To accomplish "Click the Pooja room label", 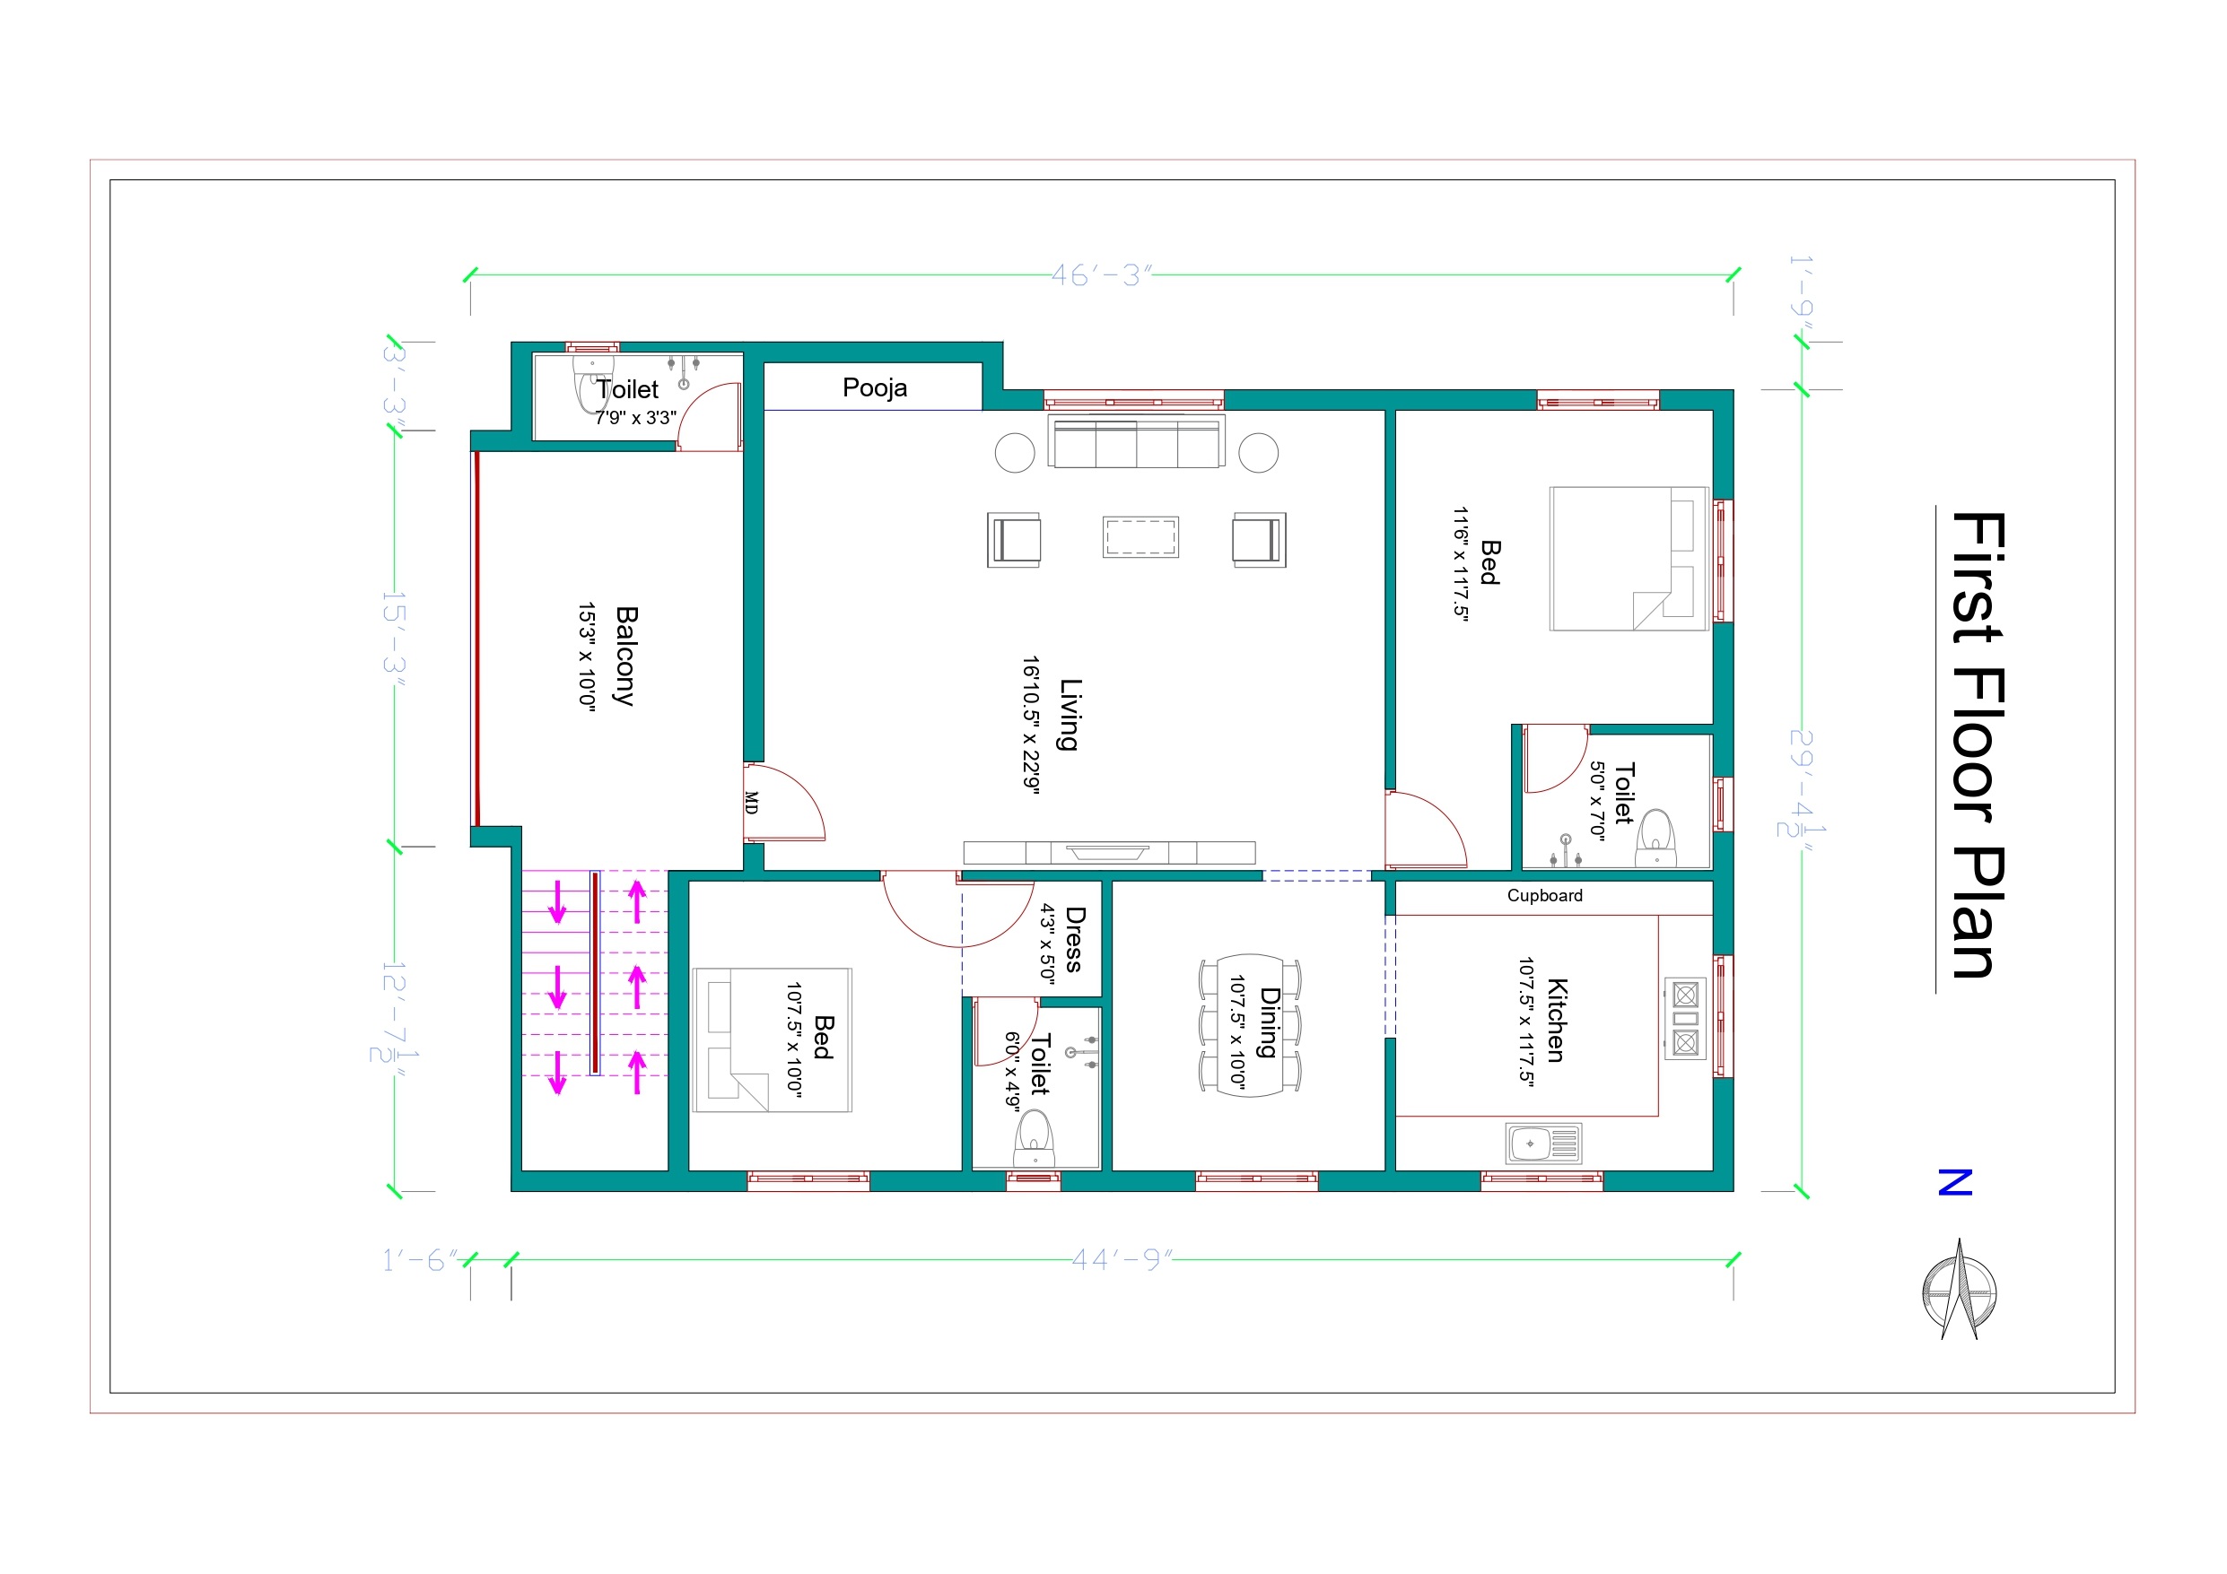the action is (x=874, y=388).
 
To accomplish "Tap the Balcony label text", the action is (x=626, y=656).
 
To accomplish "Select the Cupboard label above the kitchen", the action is (x=1544, y=895).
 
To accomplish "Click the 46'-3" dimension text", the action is (x=1101, y=275).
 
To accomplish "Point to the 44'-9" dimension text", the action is (x=1122, y=1260).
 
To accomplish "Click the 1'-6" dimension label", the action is (x=420, y=1260).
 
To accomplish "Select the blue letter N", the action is (x=1955, y=1182).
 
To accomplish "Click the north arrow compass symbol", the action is (x=1960, y=1290).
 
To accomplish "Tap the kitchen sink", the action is (x=1543, y=1144).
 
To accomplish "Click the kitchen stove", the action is (x=1686, y=1018).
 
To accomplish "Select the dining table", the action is (x=1250, y=1025).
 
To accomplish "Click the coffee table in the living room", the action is (x=1140, y=537).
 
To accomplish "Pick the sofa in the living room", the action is (x=1136, y=442).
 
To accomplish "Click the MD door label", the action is (x=752, y=802).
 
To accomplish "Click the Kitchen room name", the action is (x=1556, y=1021).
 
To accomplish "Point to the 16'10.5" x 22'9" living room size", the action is (x=1031, y=726).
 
